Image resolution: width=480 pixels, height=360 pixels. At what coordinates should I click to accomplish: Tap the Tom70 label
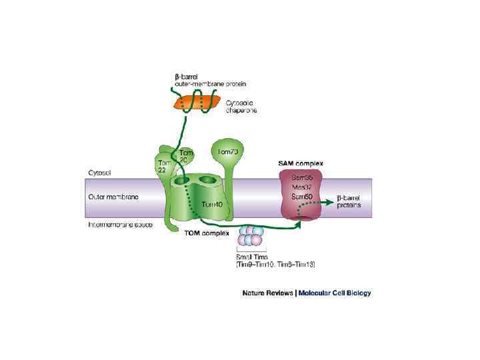coord(228,151)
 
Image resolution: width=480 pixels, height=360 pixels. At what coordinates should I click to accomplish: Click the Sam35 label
coord(303,178)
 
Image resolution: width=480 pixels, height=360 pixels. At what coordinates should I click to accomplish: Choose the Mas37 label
coord(303,187)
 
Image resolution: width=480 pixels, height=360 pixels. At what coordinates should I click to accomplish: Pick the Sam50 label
coord(303,197)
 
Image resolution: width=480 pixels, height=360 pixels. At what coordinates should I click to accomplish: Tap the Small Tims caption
coord(250,257)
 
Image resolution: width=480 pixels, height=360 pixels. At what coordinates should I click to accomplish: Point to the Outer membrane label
coord(113,197)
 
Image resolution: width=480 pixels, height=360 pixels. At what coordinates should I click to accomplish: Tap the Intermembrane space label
coord(121,225)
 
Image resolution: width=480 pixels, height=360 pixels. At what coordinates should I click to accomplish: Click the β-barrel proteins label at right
coord(349,201)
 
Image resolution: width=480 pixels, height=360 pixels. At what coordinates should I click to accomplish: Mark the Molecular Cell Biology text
coord(335,293)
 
